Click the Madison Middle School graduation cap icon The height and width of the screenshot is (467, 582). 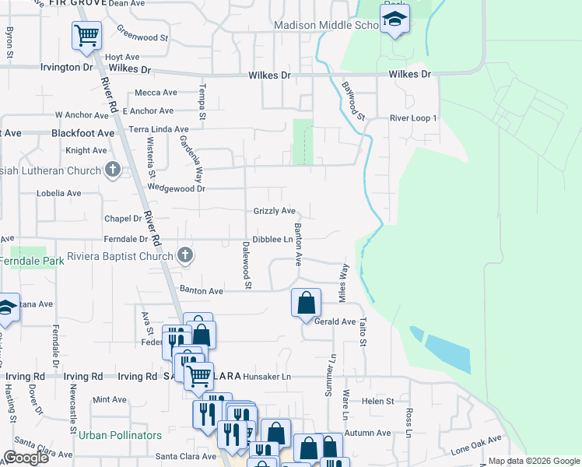[395, 20]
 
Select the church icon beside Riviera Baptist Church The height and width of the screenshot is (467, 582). [185, 255]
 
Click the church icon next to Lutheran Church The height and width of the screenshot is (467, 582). [113, 170]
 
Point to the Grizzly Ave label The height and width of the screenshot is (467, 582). [275, 211]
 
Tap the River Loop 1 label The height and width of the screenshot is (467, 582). [414, 118]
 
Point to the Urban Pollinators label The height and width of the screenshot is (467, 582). [120, 434]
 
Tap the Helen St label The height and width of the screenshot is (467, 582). [378, 401]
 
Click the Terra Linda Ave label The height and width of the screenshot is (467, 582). [159, 129]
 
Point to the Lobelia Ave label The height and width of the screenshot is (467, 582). [58, 193]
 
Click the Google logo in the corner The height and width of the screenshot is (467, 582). [26, 458]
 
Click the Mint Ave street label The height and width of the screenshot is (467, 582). [109, 400]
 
